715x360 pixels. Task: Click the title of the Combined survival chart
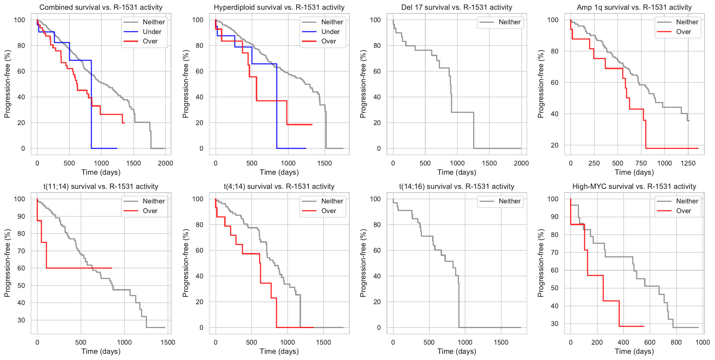[101, 7]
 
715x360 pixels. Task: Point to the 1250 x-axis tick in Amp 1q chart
[688, 163]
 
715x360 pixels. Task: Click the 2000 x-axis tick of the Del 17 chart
[521, 163]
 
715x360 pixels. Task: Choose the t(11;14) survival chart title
[101, 187]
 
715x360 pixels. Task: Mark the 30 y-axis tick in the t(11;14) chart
[21, 320]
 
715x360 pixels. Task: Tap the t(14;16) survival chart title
[457, 187]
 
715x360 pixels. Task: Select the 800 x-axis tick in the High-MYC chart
[676, 342]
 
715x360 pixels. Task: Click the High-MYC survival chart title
[634, 187]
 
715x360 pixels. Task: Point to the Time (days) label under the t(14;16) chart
[457, 351]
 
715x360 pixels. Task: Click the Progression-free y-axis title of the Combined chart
[7, 84]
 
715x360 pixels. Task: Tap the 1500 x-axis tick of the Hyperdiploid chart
[324, 163]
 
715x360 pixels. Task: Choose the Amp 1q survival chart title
[634, 7]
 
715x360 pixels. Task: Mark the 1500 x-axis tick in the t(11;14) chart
[168, 342]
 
